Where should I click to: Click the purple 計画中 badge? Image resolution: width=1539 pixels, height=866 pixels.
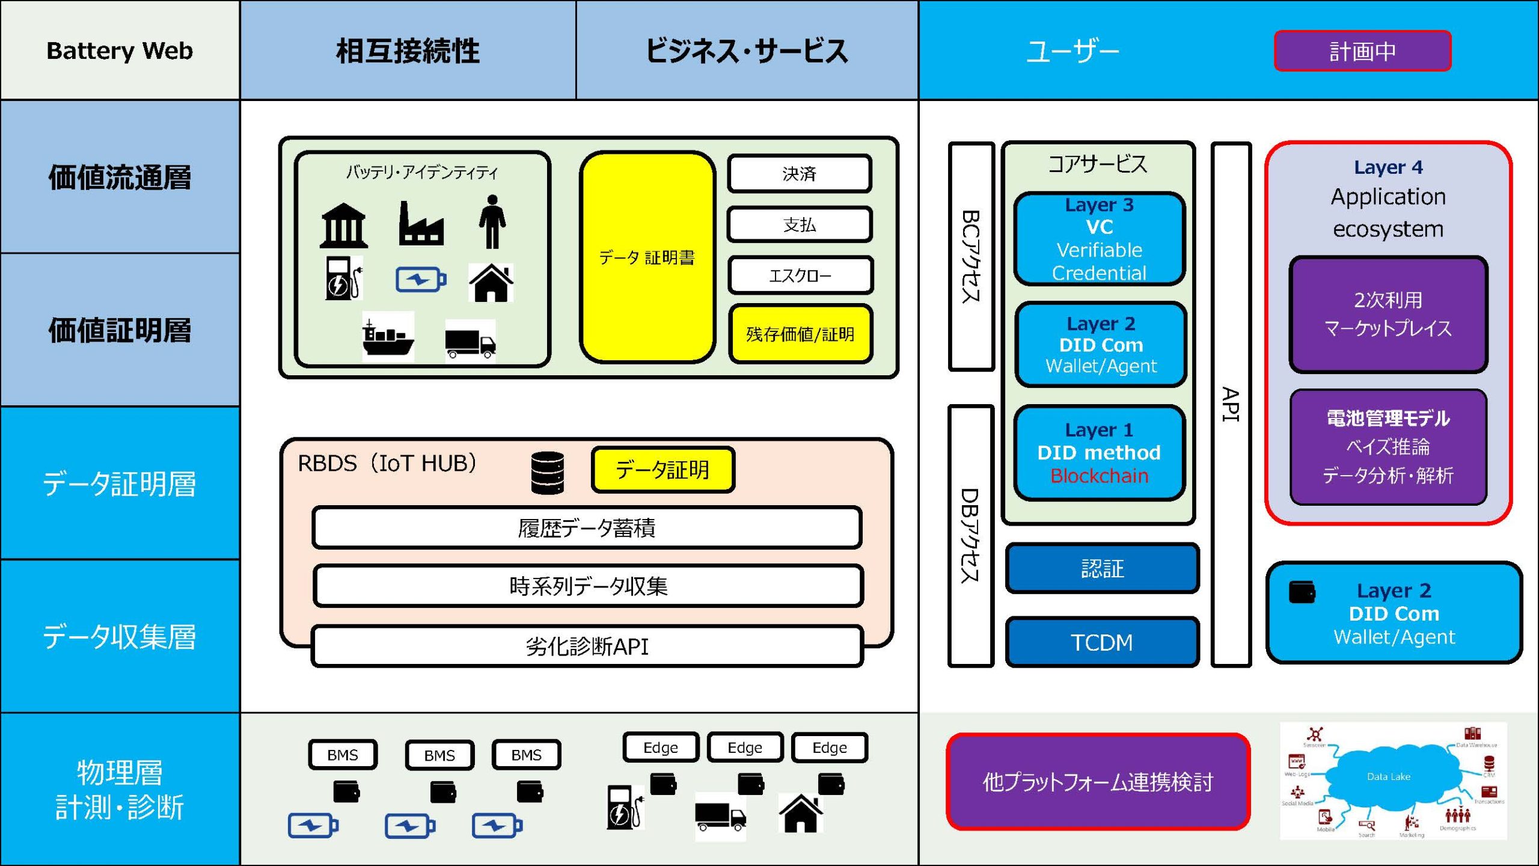tap(1362, 51)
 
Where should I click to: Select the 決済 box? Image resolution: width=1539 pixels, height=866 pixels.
tap(799, 174)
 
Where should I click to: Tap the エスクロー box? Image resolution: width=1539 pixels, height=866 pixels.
tap(800, 275)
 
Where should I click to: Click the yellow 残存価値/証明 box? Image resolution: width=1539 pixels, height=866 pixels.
tap(800, 334)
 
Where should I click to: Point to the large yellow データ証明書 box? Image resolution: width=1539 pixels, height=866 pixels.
tap(647, 257)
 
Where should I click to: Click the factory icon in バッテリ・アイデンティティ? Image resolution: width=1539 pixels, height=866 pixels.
tap(421, 224)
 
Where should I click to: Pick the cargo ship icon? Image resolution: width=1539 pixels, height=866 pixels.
tap(388, 337)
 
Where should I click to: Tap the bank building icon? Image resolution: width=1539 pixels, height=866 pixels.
tap(343, 226)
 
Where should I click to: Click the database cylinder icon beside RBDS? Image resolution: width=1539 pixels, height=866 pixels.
tap(547, 473)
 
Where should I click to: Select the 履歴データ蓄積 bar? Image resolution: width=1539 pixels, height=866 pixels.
tap(587, 527)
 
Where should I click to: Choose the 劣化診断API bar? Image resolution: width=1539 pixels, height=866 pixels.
tap(587, 646)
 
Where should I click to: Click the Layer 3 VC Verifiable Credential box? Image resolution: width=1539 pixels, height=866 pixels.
tap(1099, 239)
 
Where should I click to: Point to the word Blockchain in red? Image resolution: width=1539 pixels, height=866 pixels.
tap(1099, 476)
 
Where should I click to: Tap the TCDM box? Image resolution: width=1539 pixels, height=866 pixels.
tap(1101, 642)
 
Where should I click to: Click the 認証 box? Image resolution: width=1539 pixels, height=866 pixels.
tap(1101, 568)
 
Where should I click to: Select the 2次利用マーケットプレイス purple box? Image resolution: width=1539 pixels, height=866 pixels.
tap(1388, 314)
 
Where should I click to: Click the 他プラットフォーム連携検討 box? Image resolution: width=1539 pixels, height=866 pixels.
tap(1098, 782)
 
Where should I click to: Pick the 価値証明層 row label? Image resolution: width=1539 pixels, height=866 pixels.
tap(120, 330)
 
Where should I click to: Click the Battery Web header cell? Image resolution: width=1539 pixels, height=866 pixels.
tap(120, 51)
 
